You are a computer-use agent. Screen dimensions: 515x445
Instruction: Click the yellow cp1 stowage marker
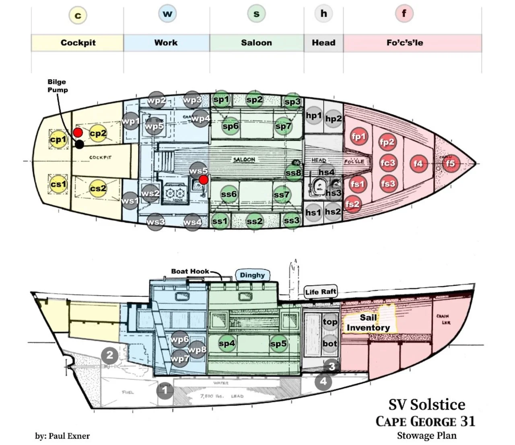coord(58,139)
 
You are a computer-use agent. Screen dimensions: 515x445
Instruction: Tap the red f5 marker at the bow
coord(450,163)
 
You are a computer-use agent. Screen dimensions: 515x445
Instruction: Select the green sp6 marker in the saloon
coord(231,126)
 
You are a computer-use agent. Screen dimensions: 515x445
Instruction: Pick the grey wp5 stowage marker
coord(154,127)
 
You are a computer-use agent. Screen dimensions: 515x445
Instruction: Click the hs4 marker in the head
coord(326,172)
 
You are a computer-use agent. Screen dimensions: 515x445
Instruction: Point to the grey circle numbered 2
coord(109,356)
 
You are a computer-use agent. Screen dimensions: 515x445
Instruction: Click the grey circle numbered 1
coord(165,390)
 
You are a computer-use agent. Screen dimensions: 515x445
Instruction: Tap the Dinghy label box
coord(252,275)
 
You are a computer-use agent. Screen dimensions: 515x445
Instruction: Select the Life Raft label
coord(320,292)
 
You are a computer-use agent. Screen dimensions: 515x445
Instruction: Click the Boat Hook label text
coord(190,271)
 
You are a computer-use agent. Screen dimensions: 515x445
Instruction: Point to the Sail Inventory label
coord(368,322)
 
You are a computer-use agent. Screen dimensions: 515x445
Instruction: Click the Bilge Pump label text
coord(57,86)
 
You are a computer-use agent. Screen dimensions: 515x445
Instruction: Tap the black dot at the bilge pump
coord(80,144)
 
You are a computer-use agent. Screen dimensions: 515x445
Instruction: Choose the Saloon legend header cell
coord(256,43)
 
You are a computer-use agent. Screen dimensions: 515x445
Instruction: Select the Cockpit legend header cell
coord(78,43)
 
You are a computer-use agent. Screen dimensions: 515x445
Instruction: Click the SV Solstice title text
coord(426,404)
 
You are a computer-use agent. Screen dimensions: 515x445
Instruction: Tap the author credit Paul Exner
coord(62,436)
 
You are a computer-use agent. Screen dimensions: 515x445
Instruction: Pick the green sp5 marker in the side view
coord(278,344)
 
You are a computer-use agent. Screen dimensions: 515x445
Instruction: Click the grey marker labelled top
coord(330,322)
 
